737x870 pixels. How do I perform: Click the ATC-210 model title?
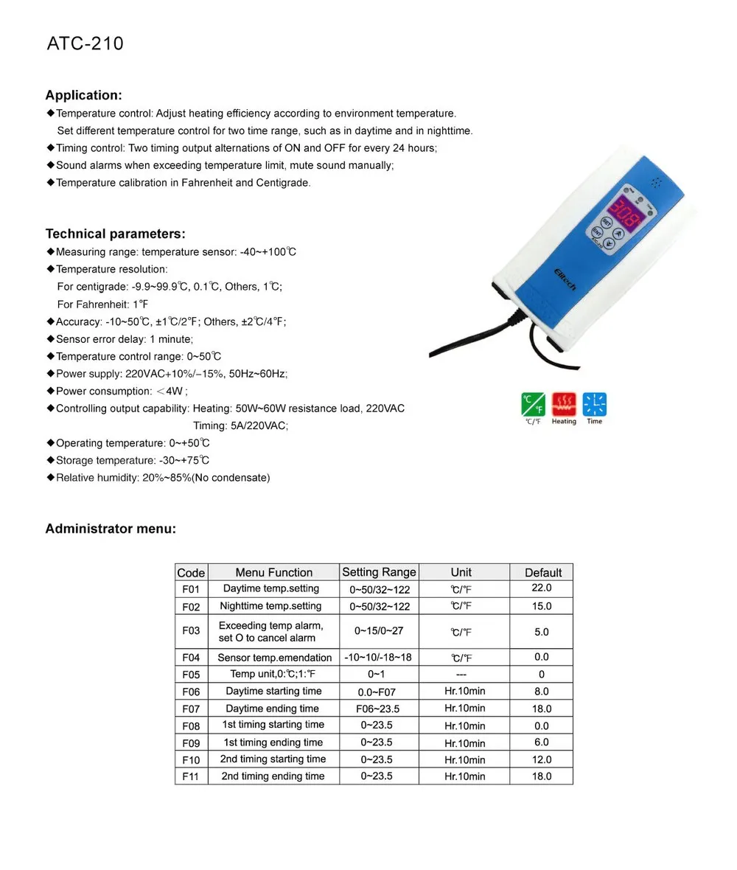(85, 44)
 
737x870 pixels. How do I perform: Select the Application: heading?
(83, 95)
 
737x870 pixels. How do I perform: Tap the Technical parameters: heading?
(115, 234)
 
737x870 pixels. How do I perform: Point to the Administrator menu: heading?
(111, 529)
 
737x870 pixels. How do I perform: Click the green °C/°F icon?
(533, 405)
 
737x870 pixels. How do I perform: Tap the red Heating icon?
(564, 405)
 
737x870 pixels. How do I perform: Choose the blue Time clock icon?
(594, 405)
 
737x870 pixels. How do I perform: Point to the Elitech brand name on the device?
(565, 279)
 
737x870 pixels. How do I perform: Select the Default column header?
(542, 572)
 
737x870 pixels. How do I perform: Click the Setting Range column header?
(379, 572)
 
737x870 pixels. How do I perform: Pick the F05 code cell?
(191, 674)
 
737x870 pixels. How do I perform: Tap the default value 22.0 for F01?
(542, 588)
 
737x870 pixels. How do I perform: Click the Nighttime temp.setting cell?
(271, 606)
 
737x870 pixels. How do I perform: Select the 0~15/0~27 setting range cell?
(379, 632)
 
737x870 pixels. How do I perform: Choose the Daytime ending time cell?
(273, 709)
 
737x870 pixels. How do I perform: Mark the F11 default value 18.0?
(542, 776)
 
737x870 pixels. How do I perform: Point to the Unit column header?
(461, 572)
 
